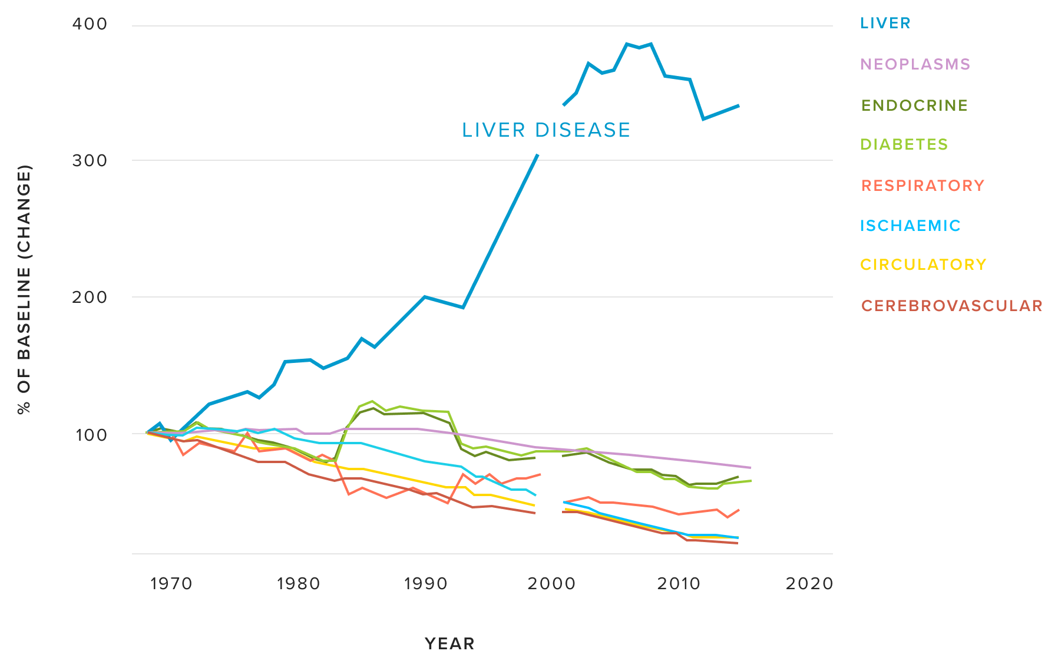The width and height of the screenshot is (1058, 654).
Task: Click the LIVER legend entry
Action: (x=885, y=23)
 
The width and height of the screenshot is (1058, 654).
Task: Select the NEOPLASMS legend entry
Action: (x=915, y=64)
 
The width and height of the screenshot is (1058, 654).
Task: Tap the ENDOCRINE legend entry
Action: (x=914, y=105)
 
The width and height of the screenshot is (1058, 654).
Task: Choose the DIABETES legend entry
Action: (x=904, y=144)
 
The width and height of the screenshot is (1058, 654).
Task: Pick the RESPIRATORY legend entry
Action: (x=923, y=186)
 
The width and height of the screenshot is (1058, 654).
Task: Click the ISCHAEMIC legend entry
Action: (x=910, y=226)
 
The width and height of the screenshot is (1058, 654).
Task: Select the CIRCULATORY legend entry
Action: (x=923, y=265)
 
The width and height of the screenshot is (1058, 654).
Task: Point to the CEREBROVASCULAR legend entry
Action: (x=951, y=306)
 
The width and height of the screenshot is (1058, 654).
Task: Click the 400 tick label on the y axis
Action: (x=90, y=24)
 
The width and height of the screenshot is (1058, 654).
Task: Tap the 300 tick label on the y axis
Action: (x=90, y=161)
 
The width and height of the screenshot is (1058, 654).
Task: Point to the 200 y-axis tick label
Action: (x=90, y=297)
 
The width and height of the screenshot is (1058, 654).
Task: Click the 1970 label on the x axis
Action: (x=171, y=584)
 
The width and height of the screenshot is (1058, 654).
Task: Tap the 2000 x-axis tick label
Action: (x=551, y=584)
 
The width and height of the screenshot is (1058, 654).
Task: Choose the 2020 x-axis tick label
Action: (x=809, y=584)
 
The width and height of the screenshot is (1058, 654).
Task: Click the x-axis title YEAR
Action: (x=449, y=643)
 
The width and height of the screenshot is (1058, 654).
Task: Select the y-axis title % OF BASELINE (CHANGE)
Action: (x=24, y=289)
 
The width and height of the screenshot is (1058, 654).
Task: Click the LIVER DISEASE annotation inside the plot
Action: (x=545, y=130)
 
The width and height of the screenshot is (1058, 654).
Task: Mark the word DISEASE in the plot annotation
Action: (x=583, y=130)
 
